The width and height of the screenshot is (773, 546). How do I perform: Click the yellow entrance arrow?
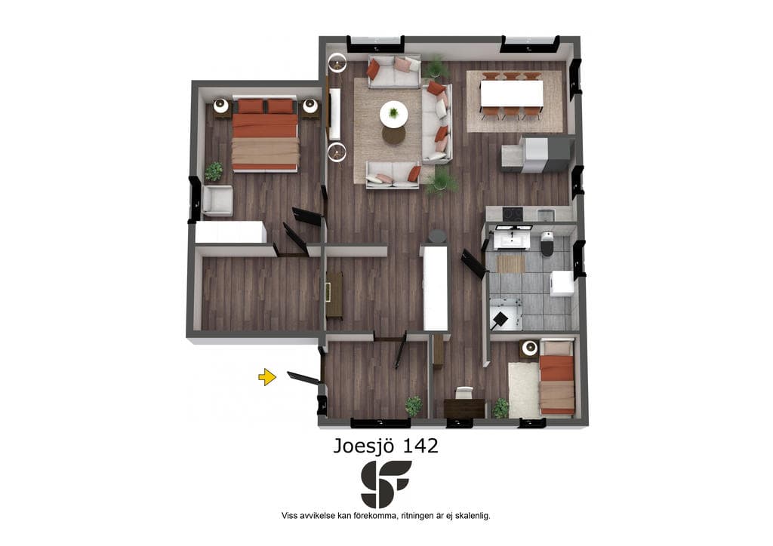click(x=266, y=377)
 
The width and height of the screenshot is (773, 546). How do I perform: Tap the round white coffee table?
click(x=393, y=114)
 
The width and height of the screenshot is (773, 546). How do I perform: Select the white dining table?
click(x=512, y=93)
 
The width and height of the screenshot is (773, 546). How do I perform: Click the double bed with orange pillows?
click(x=265, y=134)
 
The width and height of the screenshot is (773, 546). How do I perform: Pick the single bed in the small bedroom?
click(x=557, y=377)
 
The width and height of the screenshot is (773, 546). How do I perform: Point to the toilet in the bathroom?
click(x=547, y=244)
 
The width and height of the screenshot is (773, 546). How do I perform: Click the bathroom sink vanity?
click(x=513, y=238)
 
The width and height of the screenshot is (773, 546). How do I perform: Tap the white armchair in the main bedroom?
click(x=217, y=201)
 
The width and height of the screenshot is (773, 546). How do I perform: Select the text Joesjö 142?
click(x=386, y=446)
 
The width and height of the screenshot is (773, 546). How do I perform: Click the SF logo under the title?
click(x=386, y=484)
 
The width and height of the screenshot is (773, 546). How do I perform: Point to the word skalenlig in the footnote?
click(x=473, y=516)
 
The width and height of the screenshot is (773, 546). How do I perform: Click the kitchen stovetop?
click(x=513, y=213)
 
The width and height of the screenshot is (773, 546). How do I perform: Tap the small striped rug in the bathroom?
click(x=511, y=264)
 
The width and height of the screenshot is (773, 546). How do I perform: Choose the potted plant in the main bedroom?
click(x=214, y=171)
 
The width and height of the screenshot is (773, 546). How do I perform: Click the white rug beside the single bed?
click(x=524, y=389)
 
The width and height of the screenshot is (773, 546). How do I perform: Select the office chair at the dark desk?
click(x=463, y=392)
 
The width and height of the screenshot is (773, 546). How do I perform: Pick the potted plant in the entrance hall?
click(x=414, y=406)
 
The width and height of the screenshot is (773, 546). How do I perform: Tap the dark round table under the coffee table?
click(x=393, y=133)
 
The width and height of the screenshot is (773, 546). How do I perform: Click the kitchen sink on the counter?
click(x=546, y=215)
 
